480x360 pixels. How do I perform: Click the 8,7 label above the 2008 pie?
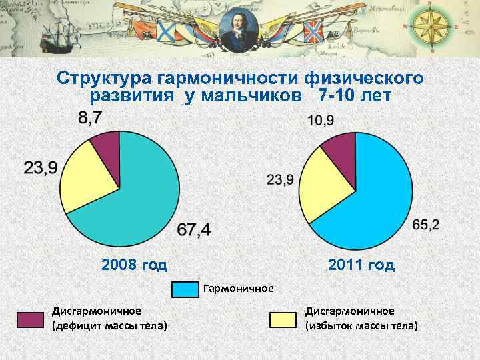pyautogui.click(x=91, y=119)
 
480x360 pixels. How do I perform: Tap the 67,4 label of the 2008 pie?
pyautogui.click(x=194, y=230)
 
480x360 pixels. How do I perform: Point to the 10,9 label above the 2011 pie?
pyautogui.click(x=321, y=121)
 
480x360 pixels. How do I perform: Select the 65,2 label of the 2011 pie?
pyautogui.click(x=426, y=225)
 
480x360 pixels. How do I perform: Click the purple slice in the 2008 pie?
pyautogui.click(x=107, y=147)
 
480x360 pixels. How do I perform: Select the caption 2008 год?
pyautogui.click(x=134, y=265)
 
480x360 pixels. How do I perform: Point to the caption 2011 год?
pyautogui.click(x=361, y=265)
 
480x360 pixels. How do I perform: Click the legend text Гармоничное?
pyautogui.click(x=239, y=289)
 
